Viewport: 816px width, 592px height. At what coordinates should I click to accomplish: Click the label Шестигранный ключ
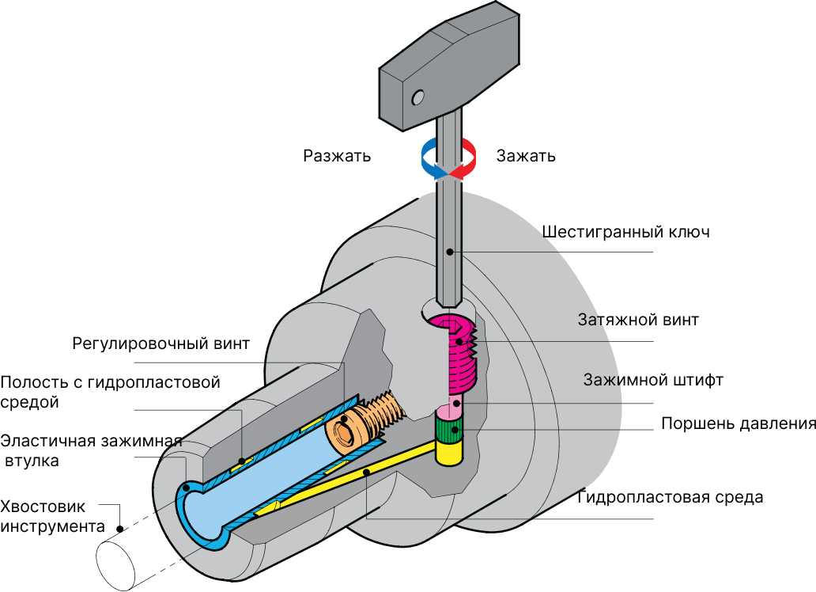pyautogui.click(x=625, y=233)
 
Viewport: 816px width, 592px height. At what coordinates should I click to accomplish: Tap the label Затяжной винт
pyautogui.click(x=638, y=321)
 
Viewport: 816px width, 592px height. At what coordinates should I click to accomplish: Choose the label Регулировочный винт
pyautogui.click(x=161, y=343)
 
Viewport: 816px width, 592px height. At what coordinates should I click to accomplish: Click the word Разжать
pyautogui.click(x=337, y=156)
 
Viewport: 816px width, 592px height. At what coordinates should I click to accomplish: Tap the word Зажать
pyautogui.click(x=526, y=156)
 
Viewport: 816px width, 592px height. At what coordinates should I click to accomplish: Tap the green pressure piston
pyautogui.click(x=451, y=431)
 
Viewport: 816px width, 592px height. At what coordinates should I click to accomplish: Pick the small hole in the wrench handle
pyautogui.click(x=417, y=97)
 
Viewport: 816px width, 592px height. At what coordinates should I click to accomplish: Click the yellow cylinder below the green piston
pyautogui.click(x=450, y=453)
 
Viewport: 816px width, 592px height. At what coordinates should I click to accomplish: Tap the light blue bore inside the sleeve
pyautogui.click(x=261, y=475)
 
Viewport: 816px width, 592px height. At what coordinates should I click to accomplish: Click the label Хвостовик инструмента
pyautogui.click(x=52, y=517)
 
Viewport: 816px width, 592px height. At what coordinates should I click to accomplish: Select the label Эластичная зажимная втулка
pyautogui.click(x=92, y=450)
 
